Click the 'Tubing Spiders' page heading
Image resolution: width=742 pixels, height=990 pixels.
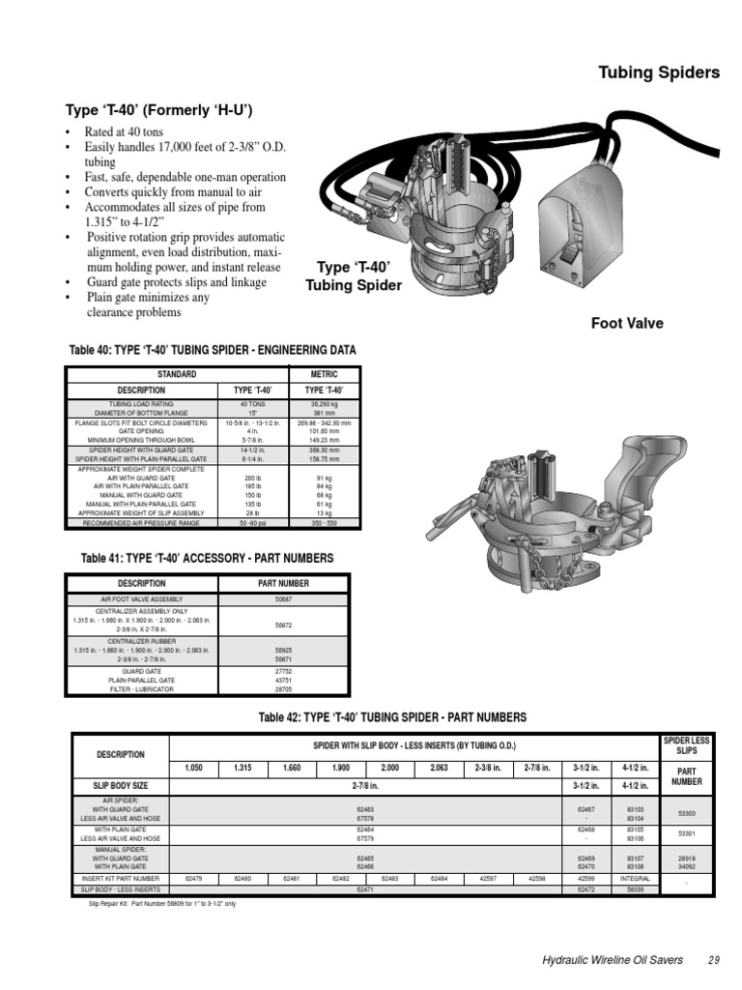click(x=659, y=73)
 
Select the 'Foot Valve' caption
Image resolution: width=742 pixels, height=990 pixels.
click(x=627, y=323)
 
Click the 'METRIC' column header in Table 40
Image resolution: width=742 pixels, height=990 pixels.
click(x=324, y=373)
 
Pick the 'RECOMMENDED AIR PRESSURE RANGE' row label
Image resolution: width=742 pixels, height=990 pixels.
click(x=142, y=522)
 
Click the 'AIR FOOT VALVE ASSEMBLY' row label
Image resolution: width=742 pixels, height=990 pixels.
click(x=141, y=599)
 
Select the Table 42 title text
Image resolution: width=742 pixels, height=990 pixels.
click(x=392, y=717)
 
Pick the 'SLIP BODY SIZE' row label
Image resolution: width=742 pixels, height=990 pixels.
click(x=122, y=785)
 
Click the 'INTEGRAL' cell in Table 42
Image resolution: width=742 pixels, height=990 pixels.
click(x=636, y=878)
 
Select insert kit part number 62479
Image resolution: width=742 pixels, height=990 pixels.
click(x=193, y=878)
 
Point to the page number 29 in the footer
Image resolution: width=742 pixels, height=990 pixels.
click(x=714, y=959)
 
